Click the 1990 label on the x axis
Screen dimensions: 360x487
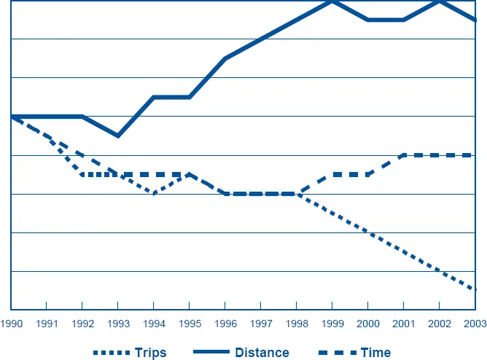coord(11,322)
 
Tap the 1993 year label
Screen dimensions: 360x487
coord(117,322)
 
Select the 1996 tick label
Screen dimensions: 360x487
coord(225,322)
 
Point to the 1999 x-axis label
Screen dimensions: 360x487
coord(332,322)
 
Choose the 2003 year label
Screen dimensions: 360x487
coord(475,322)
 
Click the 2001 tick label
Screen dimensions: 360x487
coord(403,322)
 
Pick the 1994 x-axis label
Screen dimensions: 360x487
coord(153,322)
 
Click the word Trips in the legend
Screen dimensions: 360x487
coord(150,353)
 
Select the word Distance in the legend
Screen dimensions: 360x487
coord(262,353)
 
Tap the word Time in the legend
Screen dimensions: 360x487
coord(375,353)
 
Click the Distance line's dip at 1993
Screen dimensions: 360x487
coord(118,136)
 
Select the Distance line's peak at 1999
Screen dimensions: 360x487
coord(332,1)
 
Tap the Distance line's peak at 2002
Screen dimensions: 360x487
coord(439,1)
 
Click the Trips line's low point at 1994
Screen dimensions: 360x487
coord(153,194)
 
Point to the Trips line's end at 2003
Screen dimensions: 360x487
coord(475,289)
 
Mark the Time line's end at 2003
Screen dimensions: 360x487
coord(475,155)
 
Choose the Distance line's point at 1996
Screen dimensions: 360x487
coord(225,58)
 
